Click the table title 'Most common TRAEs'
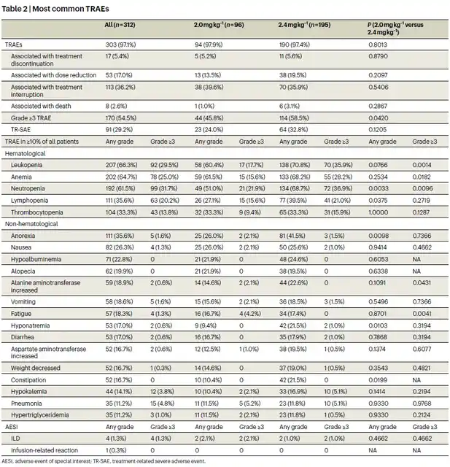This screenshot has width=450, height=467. pos(71,9)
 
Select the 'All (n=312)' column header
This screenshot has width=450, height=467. pos(120,25)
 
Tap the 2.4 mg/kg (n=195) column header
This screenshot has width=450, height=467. pos(304,25)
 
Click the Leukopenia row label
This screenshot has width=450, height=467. pos(26,165)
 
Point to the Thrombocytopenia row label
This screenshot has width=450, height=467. pos(37,212)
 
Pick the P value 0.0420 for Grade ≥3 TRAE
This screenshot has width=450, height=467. pos(379,118)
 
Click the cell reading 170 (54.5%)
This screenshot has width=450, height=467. pos(121,118)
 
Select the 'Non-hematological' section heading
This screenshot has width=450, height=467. pos(31,224)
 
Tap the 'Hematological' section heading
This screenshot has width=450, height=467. pos(26,153)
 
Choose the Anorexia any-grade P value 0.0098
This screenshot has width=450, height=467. pos(379,236)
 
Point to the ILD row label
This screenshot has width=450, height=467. pos(15,439)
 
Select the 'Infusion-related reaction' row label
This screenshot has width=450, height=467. pos(44,450)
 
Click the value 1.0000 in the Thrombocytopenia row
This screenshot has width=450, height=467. pos(379,212)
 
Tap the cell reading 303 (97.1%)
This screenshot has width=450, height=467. pos(120,45)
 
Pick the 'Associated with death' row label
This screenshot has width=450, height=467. pos(41,106)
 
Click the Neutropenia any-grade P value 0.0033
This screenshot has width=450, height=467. pos(379,188)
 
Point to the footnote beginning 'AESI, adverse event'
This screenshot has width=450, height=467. pos(104,461)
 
